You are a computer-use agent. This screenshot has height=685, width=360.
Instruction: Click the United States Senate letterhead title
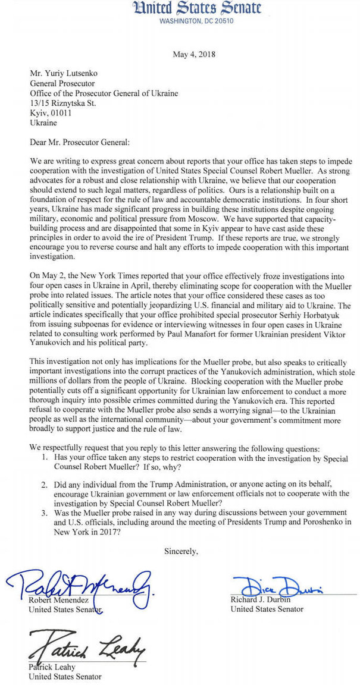point(198,8)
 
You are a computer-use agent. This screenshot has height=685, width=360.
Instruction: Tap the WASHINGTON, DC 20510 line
point(197,21)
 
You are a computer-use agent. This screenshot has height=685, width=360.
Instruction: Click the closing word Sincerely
point(181,551)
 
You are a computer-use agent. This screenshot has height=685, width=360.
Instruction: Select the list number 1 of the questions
point(45,460)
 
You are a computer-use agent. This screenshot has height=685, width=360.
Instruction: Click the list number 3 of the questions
point(45,513)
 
